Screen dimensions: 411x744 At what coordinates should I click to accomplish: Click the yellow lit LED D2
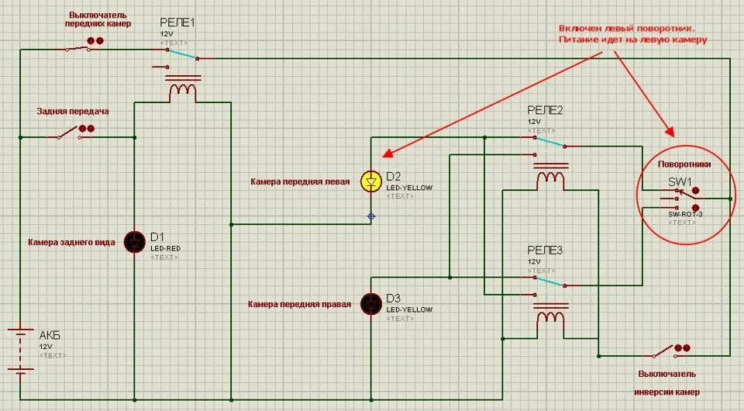click(370, 181)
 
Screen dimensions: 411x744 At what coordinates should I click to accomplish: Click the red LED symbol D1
click(136, 241)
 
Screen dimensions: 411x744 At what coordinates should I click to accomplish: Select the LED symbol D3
click(370, 303)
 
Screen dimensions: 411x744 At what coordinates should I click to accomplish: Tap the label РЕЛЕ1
click(177, 23)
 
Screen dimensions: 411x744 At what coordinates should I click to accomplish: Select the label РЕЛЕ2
click(546, 111)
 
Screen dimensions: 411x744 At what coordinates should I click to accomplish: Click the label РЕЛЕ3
click(546, 250)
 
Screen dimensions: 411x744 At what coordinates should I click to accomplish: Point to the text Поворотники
click(684, 164)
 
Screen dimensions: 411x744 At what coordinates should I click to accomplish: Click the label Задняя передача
click(73, 111)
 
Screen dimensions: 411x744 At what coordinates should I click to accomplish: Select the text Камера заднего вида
click(71, 243)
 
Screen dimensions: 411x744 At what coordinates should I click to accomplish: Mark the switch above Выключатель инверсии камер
click(663, 353)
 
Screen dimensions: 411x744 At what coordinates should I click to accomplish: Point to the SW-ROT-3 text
click(684, 213)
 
